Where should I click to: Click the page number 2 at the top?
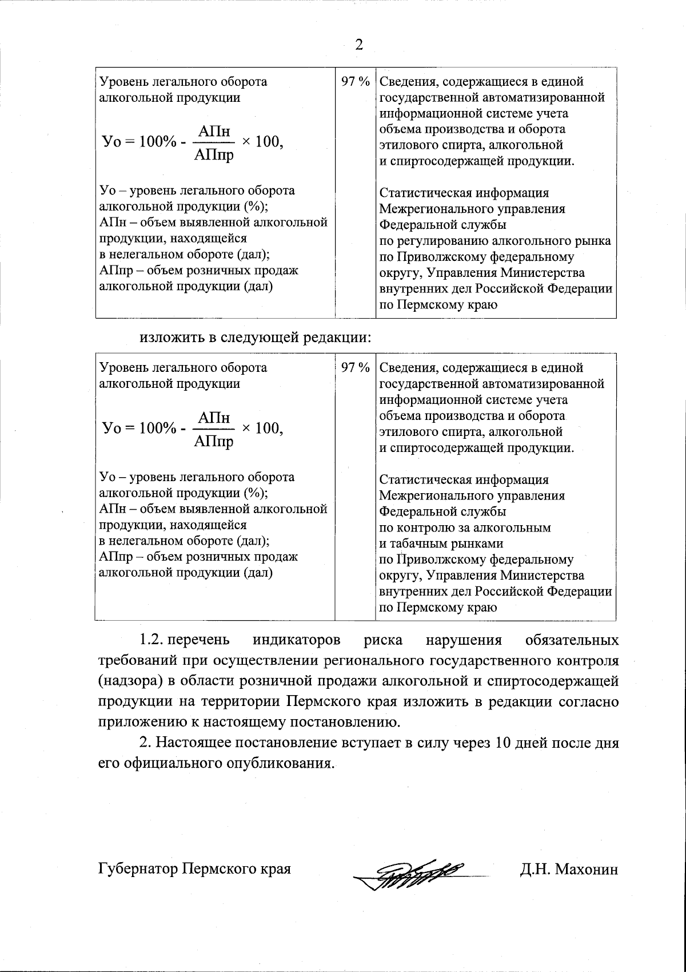359,45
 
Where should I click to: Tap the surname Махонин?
587,870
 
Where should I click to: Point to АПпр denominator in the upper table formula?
214,154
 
